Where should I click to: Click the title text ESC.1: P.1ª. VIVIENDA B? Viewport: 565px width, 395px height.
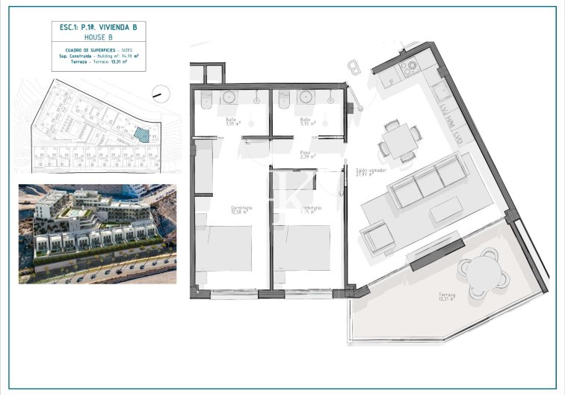coord(98,28)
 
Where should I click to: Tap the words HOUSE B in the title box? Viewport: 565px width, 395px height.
coord(98,37)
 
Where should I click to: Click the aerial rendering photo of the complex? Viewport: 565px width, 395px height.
coord(97,233)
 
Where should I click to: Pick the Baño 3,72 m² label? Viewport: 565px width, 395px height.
coord(304,122)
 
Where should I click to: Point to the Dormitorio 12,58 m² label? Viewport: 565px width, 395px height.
coord(241,209)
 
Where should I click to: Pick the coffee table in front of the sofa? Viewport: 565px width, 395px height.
coord(446,209)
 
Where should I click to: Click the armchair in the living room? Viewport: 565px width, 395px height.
coord(377,239)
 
